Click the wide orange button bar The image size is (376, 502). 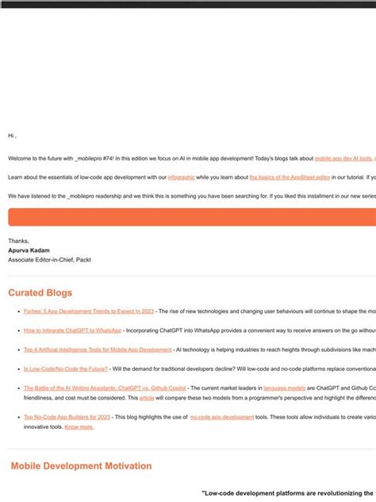(190, 218)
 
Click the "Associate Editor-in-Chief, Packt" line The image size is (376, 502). (49, 259)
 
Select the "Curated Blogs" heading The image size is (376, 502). (41, 292)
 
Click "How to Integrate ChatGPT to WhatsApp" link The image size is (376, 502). (72, 330)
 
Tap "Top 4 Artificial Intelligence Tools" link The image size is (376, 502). (98, 349)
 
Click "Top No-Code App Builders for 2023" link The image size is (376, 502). (67, 417)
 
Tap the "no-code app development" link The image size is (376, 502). (222, 417)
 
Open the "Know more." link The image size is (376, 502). (79, 427)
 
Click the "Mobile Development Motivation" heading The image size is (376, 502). (81, 465)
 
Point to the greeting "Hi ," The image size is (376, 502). (13, 136)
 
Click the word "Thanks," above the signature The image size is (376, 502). (18, 240)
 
